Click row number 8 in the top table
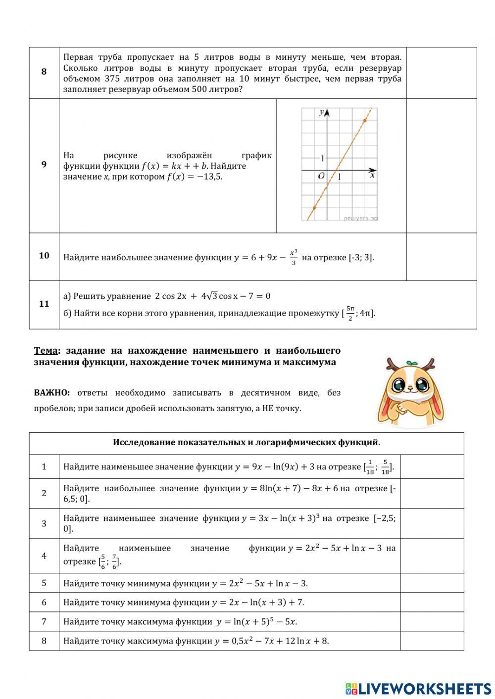(44, 72)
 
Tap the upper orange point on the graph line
(365, 120)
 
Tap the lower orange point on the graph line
(314, 208)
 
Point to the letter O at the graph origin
(321, 176)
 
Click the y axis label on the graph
(322, 113)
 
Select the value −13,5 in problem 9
(210, 177)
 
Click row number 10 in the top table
(44, 256)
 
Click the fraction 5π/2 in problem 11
(350, 313)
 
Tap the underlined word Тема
(46, 351)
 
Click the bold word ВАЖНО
(52, 393)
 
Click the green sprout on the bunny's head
(409, 364)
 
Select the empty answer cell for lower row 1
(432, 466)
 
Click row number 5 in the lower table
(44, 583)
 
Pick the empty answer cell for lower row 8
(432, 641)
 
